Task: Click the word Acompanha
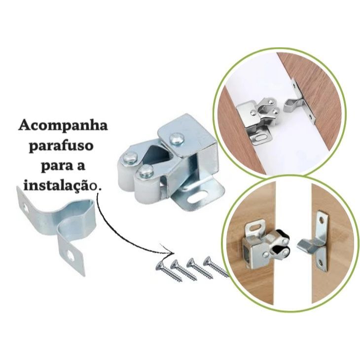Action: click(x=63, y=125)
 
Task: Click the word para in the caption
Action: click(x=50, y=167)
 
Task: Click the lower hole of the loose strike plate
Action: click(x=74, y=256)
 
